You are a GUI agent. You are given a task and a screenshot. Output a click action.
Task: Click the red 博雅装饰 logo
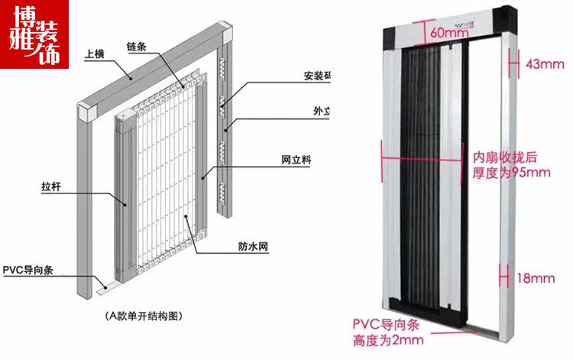(x=34, y=34)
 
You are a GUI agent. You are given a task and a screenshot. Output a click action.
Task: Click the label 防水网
(x=251, y=247)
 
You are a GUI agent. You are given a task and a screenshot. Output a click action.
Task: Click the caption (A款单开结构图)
(x=144, y=314)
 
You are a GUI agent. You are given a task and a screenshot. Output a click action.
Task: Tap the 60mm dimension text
(x=448, y=33)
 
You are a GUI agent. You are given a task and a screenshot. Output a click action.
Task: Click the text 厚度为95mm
(x=511, y=173)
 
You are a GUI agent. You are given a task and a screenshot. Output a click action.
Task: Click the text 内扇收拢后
(x=505, y=157)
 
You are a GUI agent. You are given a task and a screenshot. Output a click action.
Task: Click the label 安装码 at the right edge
(x=315, y=76)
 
